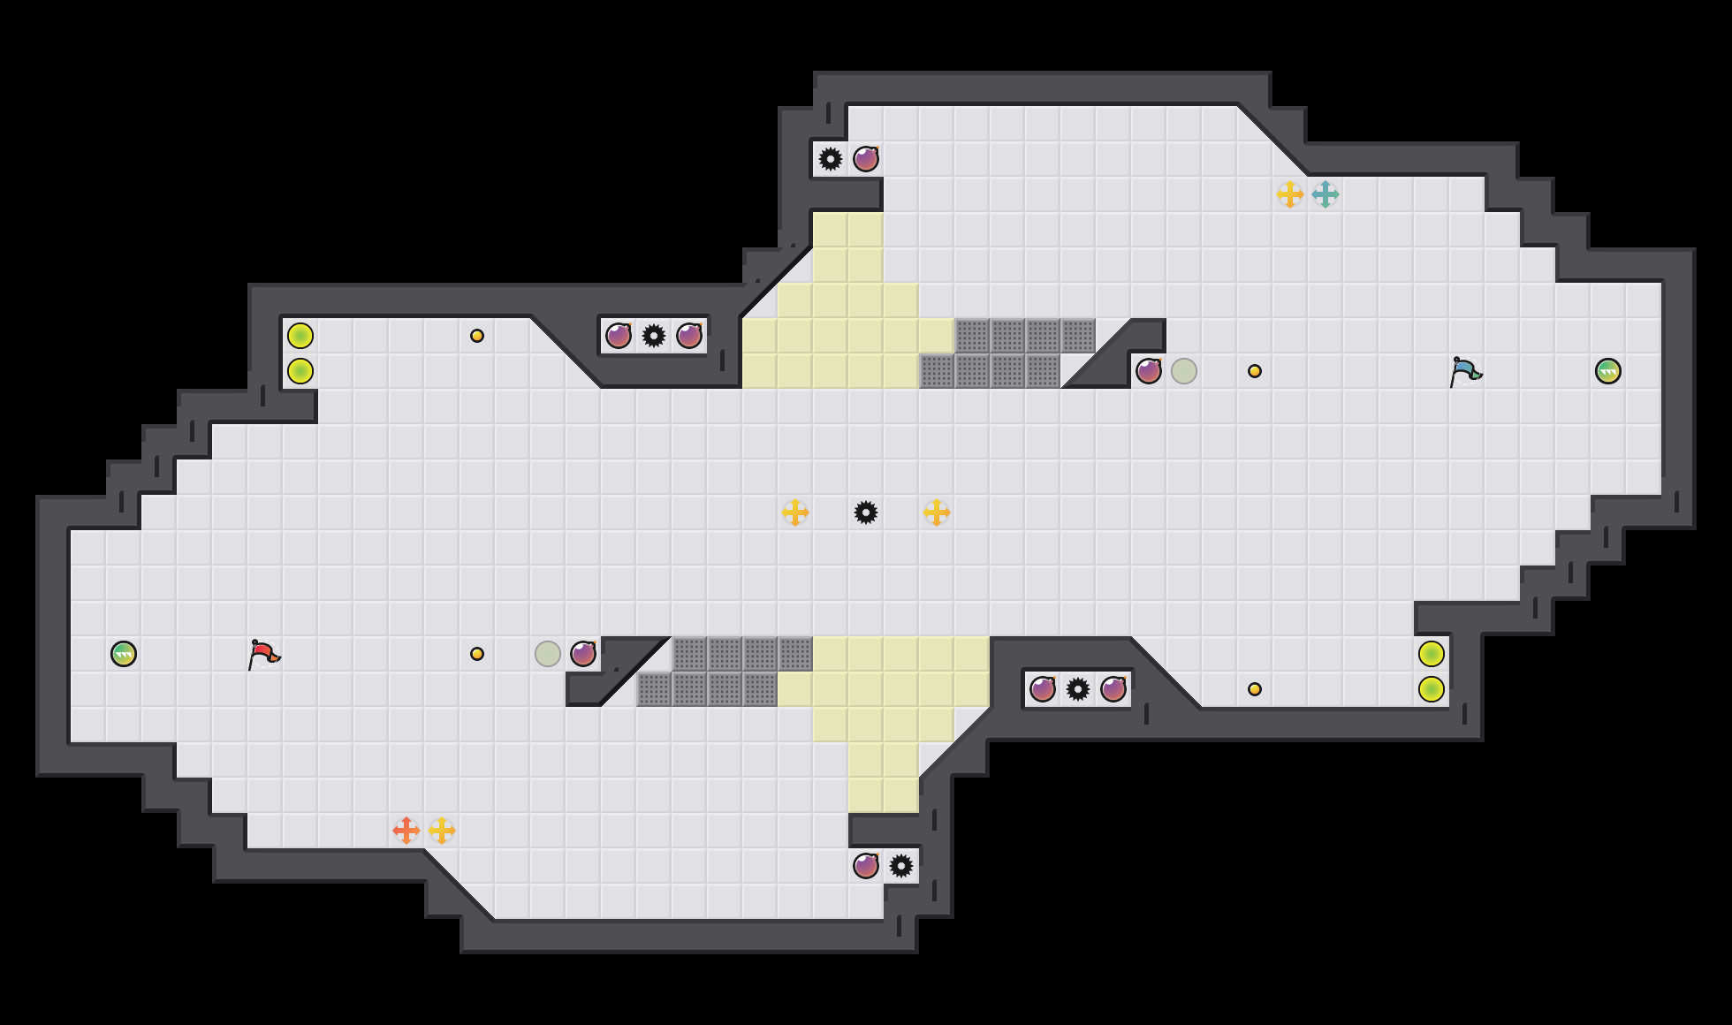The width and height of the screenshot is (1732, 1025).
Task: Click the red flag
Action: coord(263,655)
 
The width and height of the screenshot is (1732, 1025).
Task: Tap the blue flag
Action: coord(1465,371)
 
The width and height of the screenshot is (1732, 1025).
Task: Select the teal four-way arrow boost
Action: coord(1325,194)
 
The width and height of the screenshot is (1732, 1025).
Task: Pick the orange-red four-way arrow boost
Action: coord(406,831)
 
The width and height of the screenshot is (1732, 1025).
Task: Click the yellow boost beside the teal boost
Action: coord(1289,194)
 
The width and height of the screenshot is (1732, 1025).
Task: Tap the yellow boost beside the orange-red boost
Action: coord(441,831)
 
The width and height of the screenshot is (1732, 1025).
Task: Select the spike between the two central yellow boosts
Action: coord(866,512)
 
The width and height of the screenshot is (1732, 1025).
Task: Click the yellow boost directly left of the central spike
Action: coord(794,512)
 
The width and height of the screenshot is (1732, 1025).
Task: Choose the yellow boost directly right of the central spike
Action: coord(936,512)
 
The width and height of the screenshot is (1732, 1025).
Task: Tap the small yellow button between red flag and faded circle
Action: coord(477,654)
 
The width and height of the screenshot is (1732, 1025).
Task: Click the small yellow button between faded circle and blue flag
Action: coord(1255,371)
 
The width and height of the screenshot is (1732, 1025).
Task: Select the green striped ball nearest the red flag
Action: coord(124,654)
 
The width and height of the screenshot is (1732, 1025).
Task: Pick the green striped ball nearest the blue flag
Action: coord(1608,371)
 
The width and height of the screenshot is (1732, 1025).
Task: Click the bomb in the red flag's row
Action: coord(583,654)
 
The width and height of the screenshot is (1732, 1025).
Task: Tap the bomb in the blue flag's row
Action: coord(1149,371)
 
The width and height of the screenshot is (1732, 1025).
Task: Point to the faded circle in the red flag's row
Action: coord(548,654)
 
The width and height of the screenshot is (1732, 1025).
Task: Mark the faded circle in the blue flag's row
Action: coord(1184,371)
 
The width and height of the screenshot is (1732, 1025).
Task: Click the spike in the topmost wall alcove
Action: coord(831,159)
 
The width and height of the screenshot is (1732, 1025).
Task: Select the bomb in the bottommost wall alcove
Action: coord(866,866)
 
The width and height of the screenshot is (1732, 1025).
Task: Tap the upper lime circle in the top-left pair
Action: coord(300,336)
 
